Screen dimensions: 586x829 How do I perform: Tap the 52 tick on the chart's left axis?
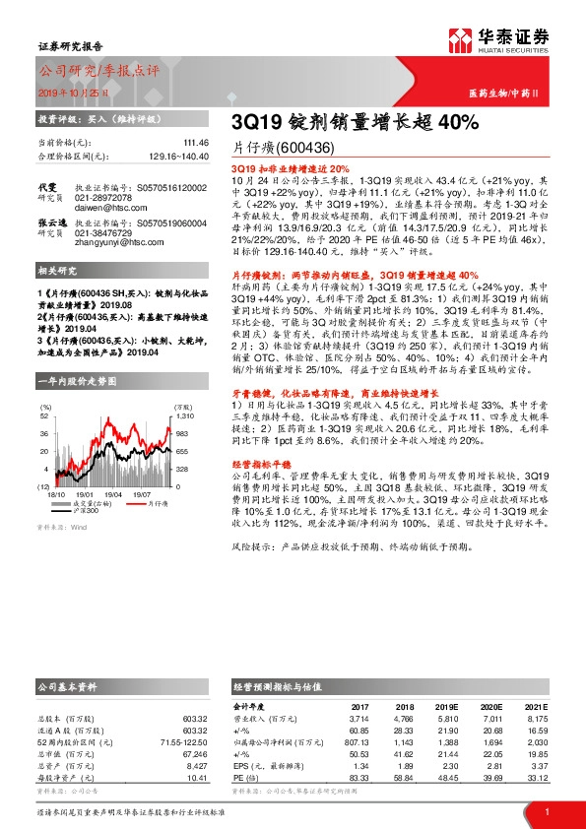(44, 416)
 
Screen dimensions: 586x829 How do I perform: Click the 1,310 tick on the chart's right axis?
(180, 416)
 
